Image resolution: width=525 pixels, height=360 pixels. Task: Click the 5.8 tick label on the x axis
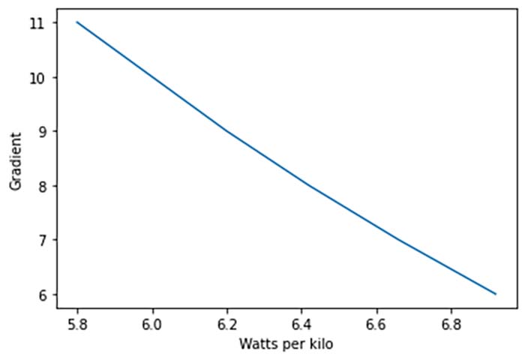point(77,324)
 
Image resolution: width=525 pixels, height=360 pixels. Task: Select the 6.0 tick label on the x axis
point(152,324)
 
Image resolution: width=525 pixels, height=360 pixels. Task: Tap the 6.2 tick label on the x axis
point(226,324)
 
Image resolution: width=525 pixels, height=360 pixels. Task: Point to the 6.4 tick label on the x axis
point(301,324)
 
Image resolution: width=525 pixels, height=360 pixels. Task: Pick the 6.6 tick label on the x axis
point(376,324)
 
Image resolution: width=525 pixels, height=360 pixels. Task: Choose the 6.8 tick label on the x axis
point(450,324)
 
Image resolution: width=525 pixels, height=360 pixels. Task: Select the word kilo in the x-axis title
point(319,344)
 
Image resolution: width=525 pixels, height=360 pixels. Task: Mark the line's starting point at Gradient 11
point(77,22)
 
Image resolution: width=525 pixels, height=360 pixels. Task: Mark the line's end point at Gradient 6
point(496,293)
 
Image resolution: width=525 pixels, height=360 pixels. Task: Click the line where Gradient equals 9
point(226,131)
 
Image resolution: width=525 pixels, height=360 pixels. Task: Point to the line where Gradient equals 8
point(308,185)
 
